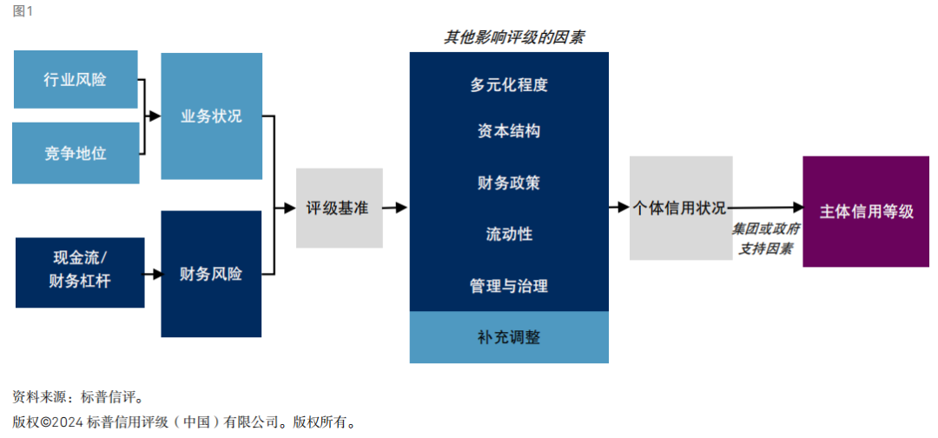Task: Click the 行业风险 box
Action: (x=76, y=80)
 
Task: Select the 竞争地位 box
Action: (x=76, y=153)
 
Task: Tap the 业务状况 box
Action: (x=211, y=116)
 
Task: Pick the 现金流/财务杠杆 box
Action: (x=80, y=273)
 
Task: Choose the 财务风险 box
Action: (x=211, y=274)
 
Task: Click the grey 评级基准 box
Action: (x=340, y=209)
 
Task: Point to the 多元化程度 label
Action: (x=509, y=85)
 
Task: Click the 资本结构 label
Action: (x=509, y=131)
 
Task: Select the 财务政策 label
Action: (x=509, y=182)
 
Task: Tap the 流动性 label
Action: (x=509, y=234)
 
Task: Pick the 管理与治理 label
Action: (x=509, y=286)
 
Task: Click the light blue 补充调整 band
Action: (x=509, y=337)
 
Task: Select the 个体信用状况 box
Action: (x=681, y=209)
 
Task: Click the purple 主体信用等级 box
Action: (x=866, y=211)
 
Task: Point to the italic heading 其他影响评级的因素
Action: (x=514, y=37)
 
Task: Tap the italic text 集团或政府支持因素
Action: (x=766, y=239)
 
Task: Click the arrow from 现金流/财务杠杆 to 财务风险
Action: (x=153, y=274)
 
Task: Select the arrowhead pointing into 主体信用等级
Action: (x=796, y=207)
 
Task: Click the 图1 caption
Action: (x=23, y=12)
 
